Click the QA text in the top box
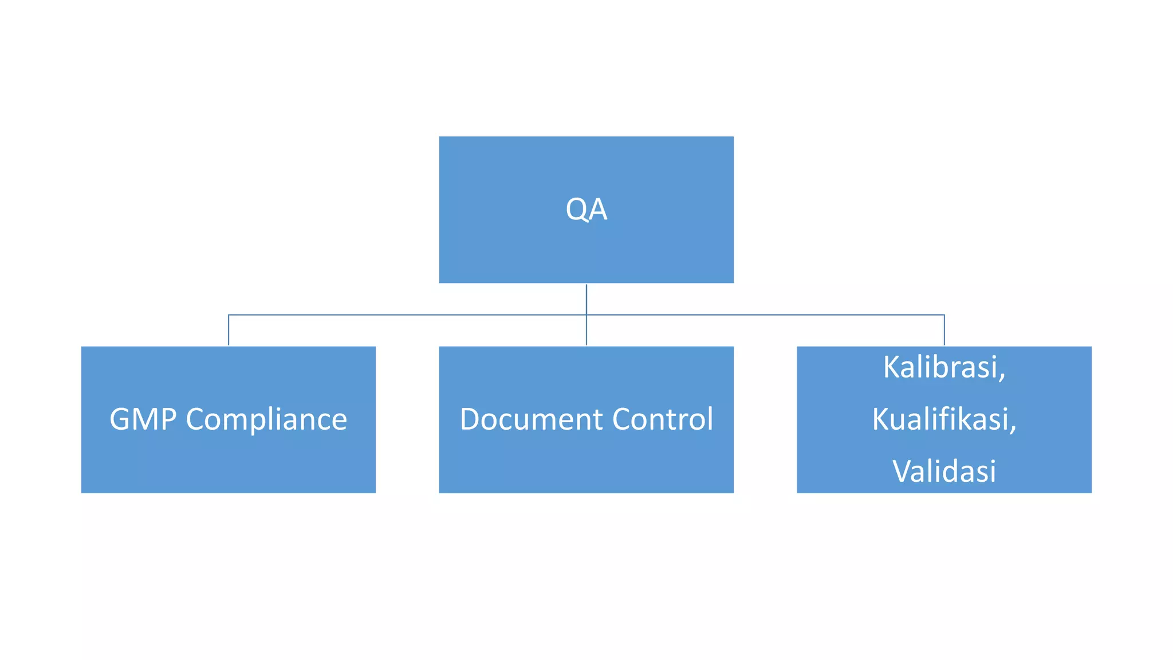click(586, 209)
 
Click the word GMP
click(143, 419)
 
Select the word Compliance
click(266, 420)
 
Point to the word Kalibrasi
click(940, 367)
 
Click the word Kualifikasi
click(940, 419)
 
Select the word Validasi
click(944, 471)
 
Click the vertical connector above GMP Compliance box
click(229, 331)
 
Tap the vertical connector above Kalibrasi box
click(944, 331)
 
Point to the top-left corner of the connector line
click(229, 315)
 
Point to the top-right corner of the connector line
click(944, 315)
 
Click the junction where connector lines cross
click(586, 315)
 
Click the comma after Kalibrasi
click(1002, 376)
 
